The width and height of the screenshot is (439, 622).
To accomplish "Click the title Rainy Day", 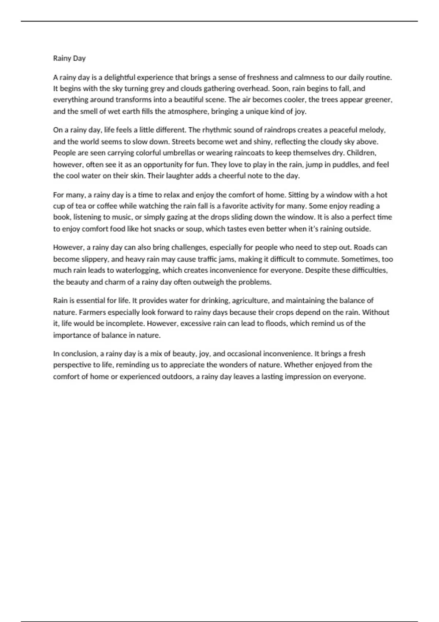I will tap(69, 58).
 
